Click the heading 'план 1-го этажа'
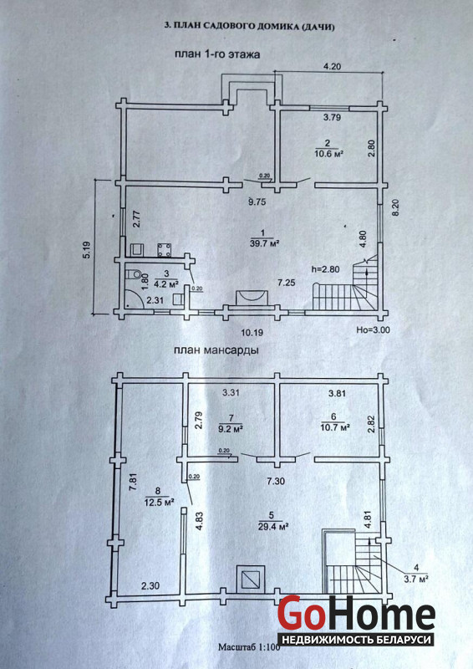216,54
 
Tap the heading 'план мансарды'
216,350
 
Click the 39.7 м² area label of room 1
264,243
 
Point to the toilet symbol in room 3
137,273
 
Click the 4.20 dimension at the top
333,66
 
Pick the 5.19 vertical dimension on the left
87,248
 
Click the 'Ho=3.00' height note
374,330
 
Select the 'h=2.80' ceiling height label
326,269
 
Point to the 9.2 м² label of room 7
231,429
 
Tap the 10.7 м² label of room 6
335,426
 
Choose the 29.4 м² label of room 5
274,527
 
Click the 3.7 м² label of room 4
416,579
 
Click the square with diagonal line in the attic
251,579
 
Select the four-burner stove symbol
164,250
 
